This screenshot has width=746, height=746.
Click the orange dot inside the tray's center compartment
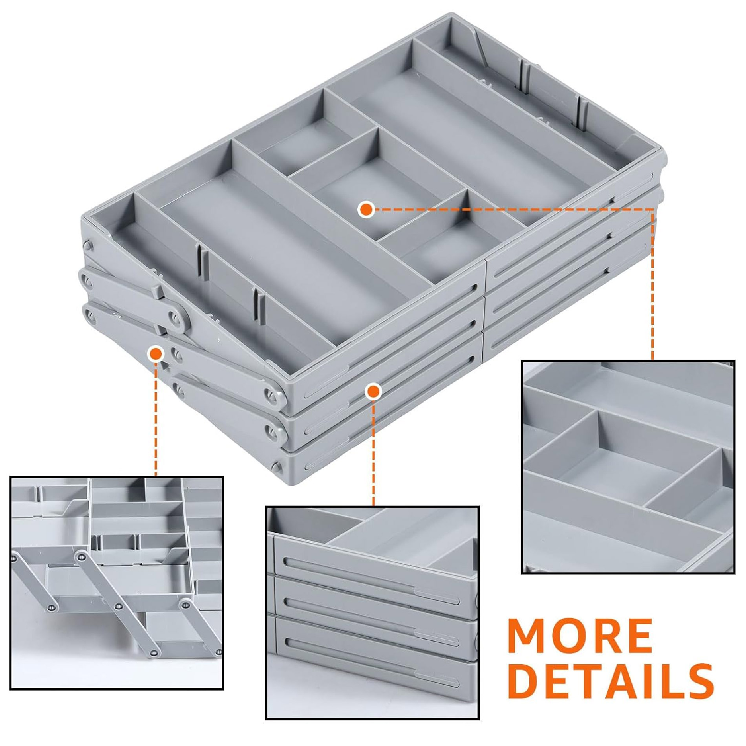point(366,209)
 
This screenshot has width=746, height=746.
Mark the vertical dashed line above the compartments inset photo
point(653,284)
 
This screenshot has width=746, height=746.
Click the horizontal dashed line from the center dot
point(512,209)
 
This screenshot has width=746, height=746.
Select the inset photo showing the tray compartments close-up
point(628,467)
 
